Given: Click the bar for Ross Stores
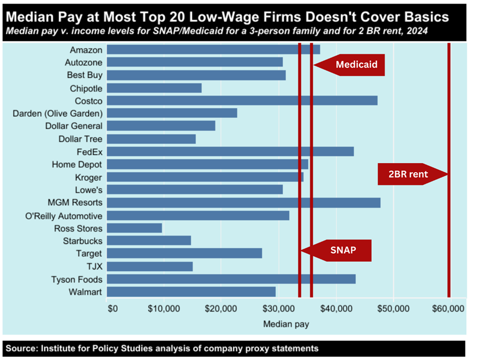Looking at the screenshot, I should pyautogui.click(x=134, y=228).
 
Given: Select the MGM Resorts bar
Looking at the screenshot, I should pyautogui.click(x=243, y=203).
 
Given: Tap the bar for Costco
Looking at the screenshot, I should pyautogui.click(x=242, y=100).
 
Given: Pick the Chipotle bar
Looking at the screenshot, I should pyautogui.click(x=154, y=88).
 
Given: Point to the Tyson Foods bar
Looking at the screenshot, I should pyautogui.click(x=231, y=279).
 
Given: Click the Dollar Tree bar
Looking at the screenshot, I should pyautogui.click(x=151, y=139).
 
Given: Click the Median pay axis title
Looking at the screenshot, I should pyautogui.click(x=286, y=324).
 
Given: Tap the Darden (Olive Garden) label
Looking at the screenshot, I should pyautogui.click(x=57, y=113).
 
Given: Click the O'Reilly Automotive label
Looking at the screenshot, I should pyautogui.click(x=63, y=216).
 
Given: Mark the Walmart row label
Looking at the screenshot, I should pyautogui.click(x=86, y=292).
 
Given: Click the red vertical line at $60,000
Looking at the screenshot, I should pyautogui.click(x=449, y=125).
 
